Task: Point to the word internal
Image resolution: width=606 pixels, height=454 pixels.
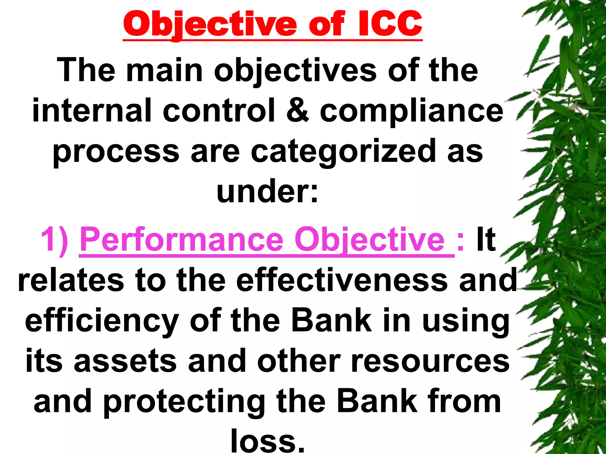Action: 92,111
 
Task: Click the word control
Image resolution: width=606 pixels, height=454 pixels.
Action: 219,111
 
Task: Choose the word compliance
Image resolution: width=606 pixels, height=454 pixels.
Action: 411,111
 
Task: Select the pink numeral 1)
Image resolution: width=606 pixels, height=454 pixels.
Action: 55,239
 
